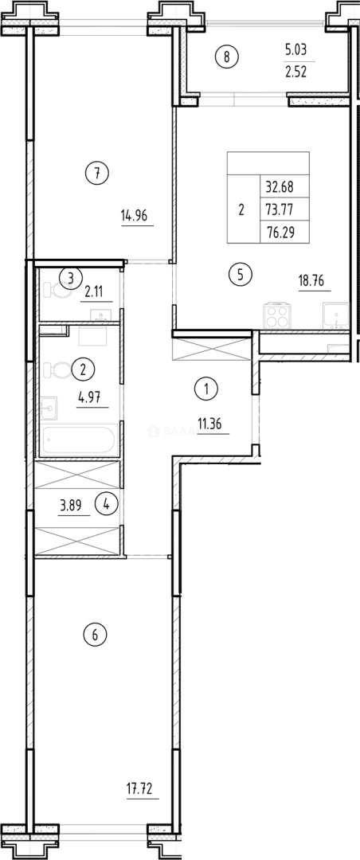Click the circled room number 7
(96, 173)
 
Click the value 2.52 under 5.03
(295, 70)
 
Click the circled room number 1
(206, 390)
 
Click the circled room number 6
(95, 635)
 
